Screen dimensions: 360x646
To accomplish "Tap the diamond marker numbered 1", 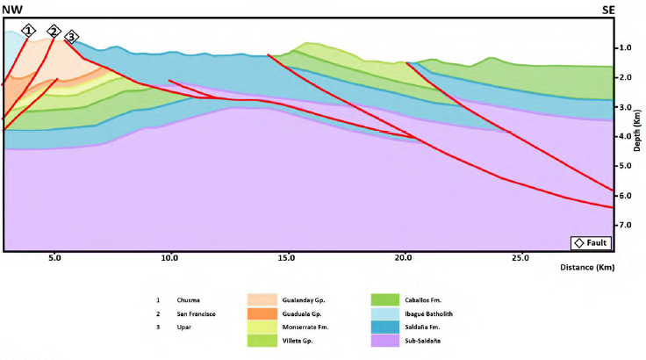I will point(29,31).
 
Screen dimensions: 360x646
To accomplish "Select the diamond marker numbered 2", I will point(54,32).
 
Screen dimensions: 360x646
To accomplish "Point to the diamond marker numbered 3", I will point(71,36).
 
